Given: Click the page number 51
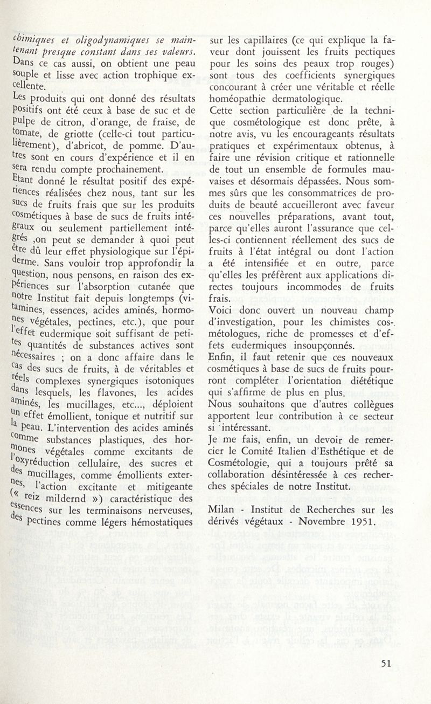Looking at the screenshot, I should click(385, 664).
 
